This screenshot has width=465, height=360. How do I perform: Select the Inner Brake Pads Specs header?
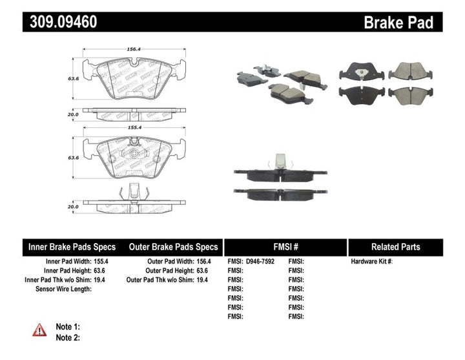click(x=72, y=247)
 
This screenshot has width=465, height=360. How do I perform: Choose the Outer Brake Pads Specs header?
click(x=173, y=247)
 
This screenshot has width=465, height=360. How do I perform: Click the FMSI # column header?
click(x=285, y=247)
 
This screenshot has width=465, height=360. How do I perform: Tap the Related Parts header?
click(x=395, y=247)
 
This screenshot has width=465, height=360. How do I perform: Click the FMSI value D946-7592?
click(x=263, y=261)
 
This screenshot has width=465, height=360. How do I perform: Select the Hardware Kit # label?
click(x=371, y=261)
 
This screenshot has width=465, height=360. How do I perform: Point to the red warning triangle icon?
click(x=40, y=330)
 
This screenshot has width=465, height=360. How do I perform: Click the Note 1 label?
click(x=68, y=327)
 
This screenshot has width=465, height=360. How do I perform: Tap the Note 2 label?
click(x=68, y=337)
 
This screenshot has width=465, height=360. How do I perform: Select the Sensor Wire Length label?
click(x=63, y=289)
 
